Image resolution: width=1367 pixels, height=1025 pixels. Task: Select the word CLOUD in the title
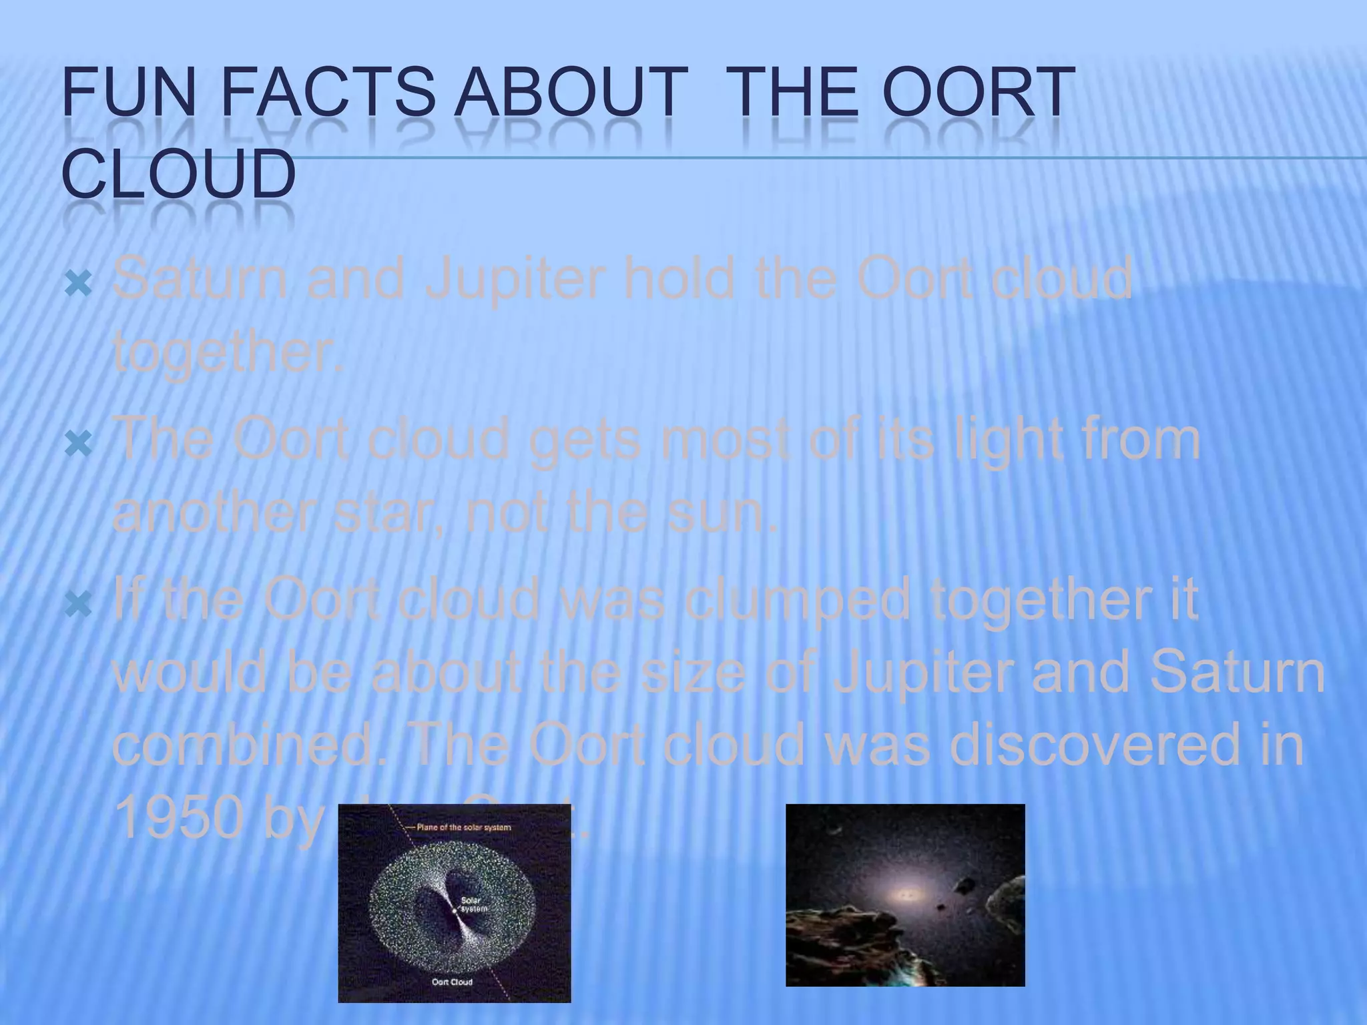click(x=178, y=174)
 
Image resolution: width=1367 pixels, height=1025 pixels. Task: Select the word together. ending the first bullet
click(x=227, y=354)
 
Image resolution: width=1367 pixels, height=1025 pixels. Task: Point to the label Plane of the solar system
click(x=464, y=827)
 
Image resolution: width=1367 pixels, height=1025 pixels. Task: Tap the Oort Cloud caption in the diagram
click(x=452, y=982)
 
